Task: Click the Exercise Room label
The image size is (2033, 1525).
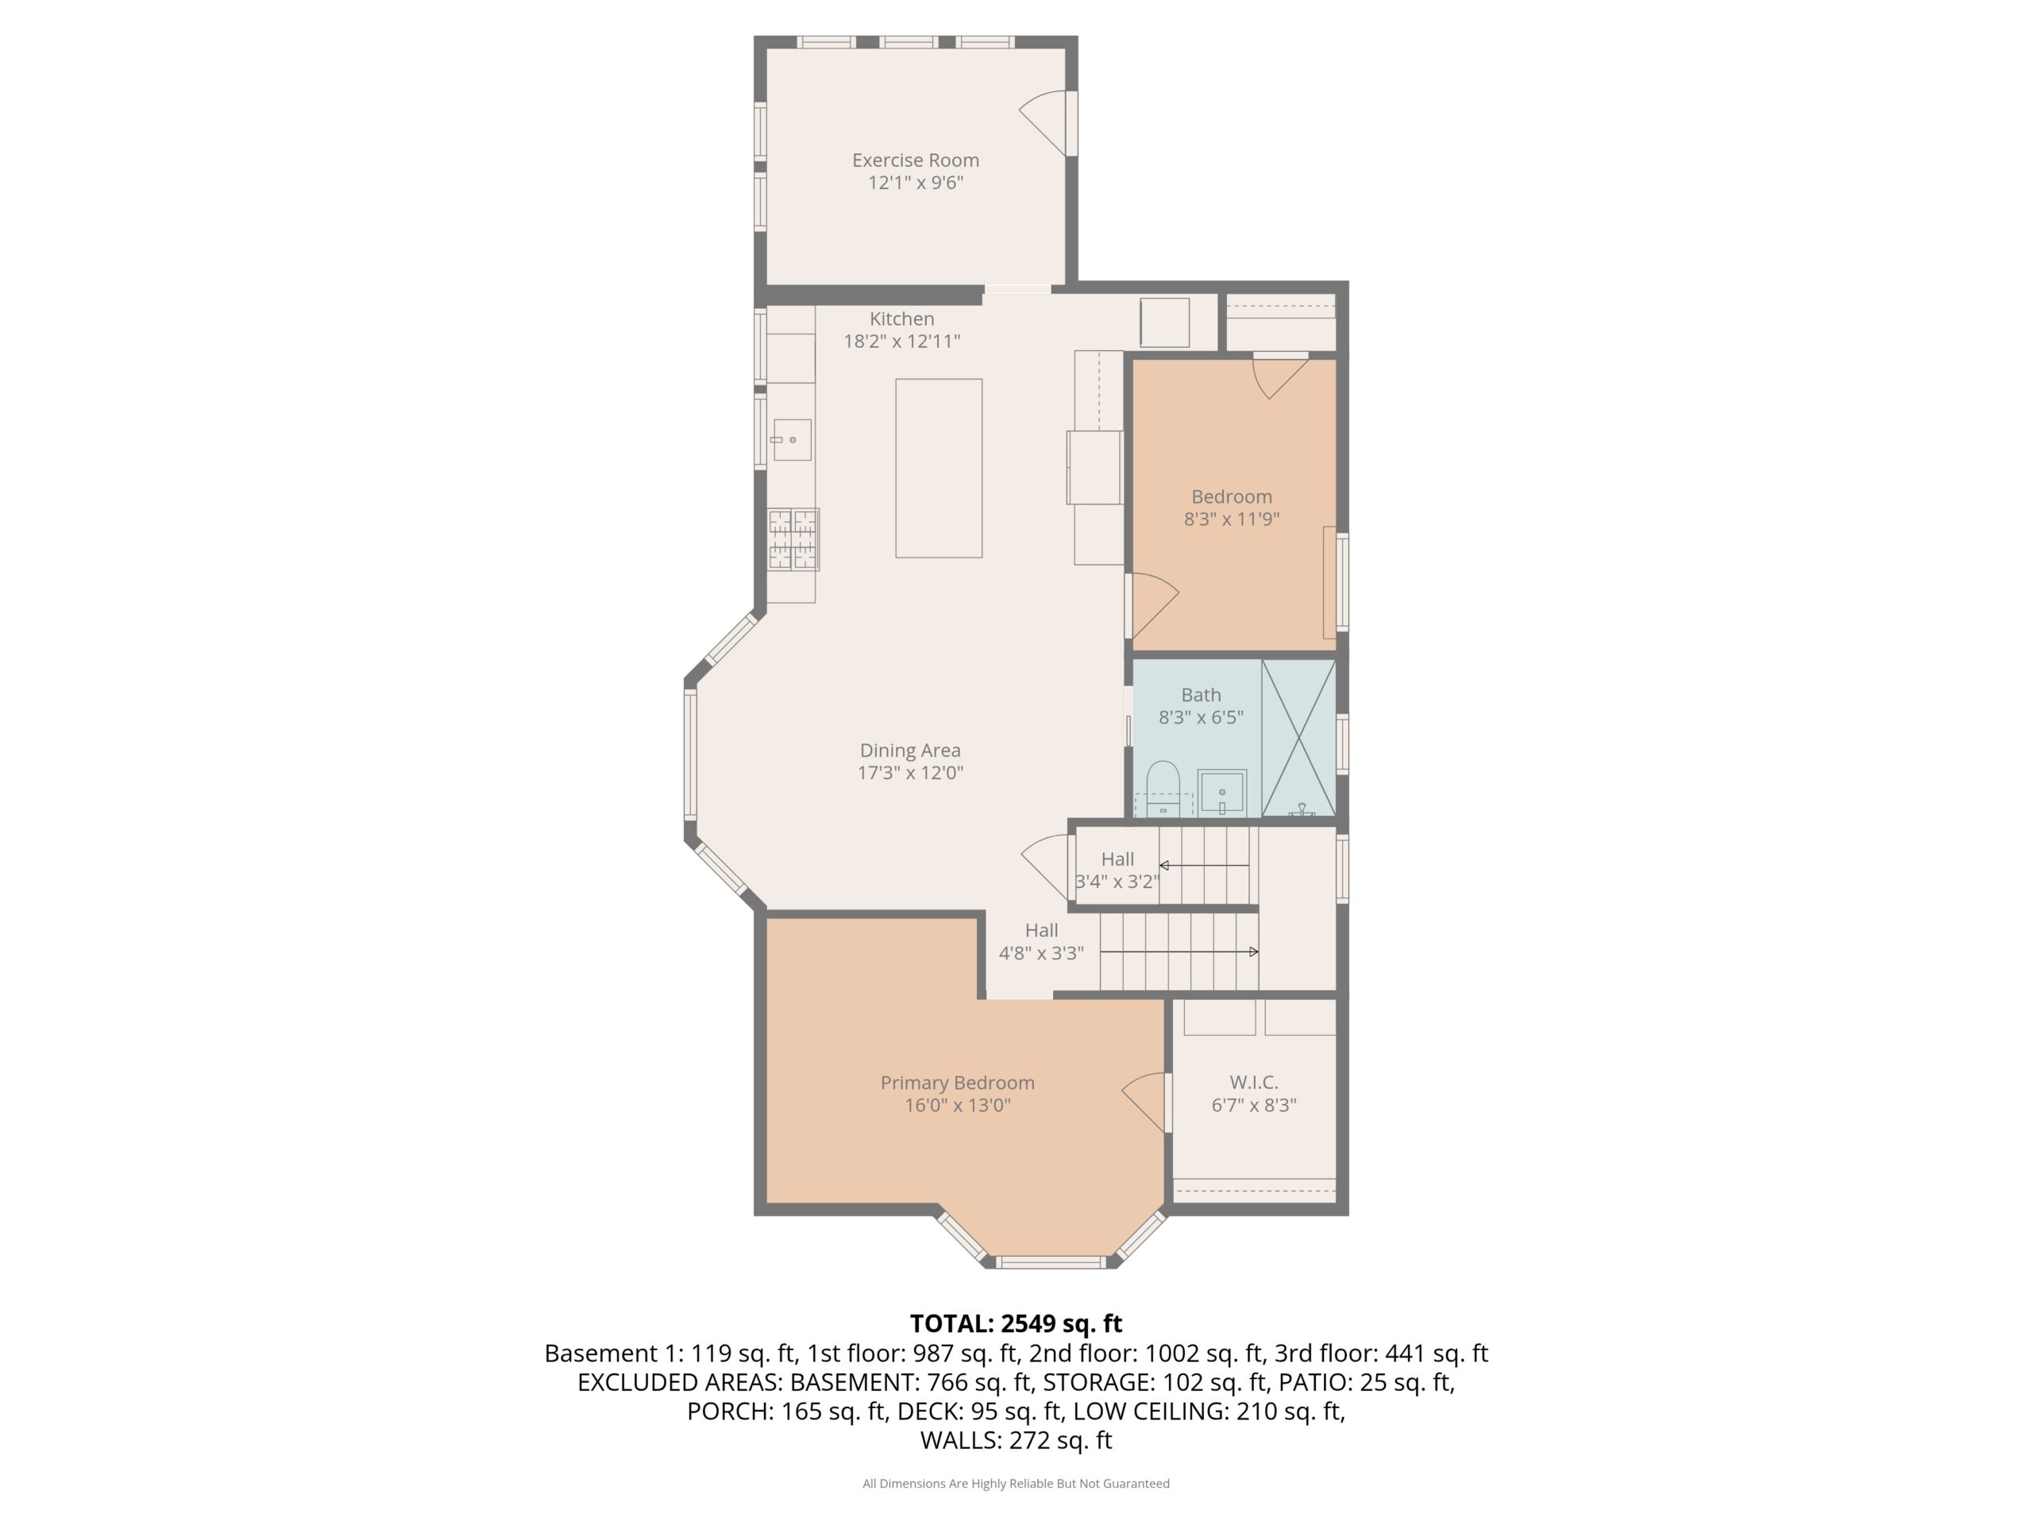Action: pos(916,160)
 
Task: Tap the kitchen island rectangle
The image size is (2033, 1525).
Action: pos(939,468)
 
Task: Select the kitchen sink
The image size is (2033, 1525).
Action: pos(791,439)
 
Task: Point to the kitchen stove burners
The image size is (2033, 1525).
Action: pos(793,539)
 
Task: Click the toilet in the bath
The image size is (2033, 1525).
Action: pos(1163,788)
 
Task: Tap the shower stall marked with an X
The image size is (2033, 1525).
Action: pos(1298,737)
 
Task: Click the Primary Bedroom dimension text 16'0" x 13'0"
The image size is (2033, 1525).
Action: pos(958,1105)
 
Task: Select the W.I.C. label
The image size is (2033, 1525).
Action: pos(1254,1082)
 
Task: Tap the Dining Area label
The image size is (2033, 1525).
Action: pos(910,750)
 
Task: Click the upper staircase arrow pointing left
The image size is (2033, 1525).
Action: pos(1204,865)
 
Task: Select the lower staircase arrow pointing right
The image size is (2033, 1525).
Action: pos(1179,952)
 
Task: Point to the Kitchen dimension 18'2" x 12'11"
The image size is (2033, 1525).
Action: pos(901,341)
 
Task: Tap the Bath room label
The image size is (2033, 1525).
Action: pos(1202,695)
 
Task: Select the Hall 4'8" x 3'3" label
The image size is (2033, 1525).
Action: pos(1041,941)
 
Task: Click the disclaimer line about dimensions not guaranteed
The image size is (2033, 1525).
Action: pos(1016,1483)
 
